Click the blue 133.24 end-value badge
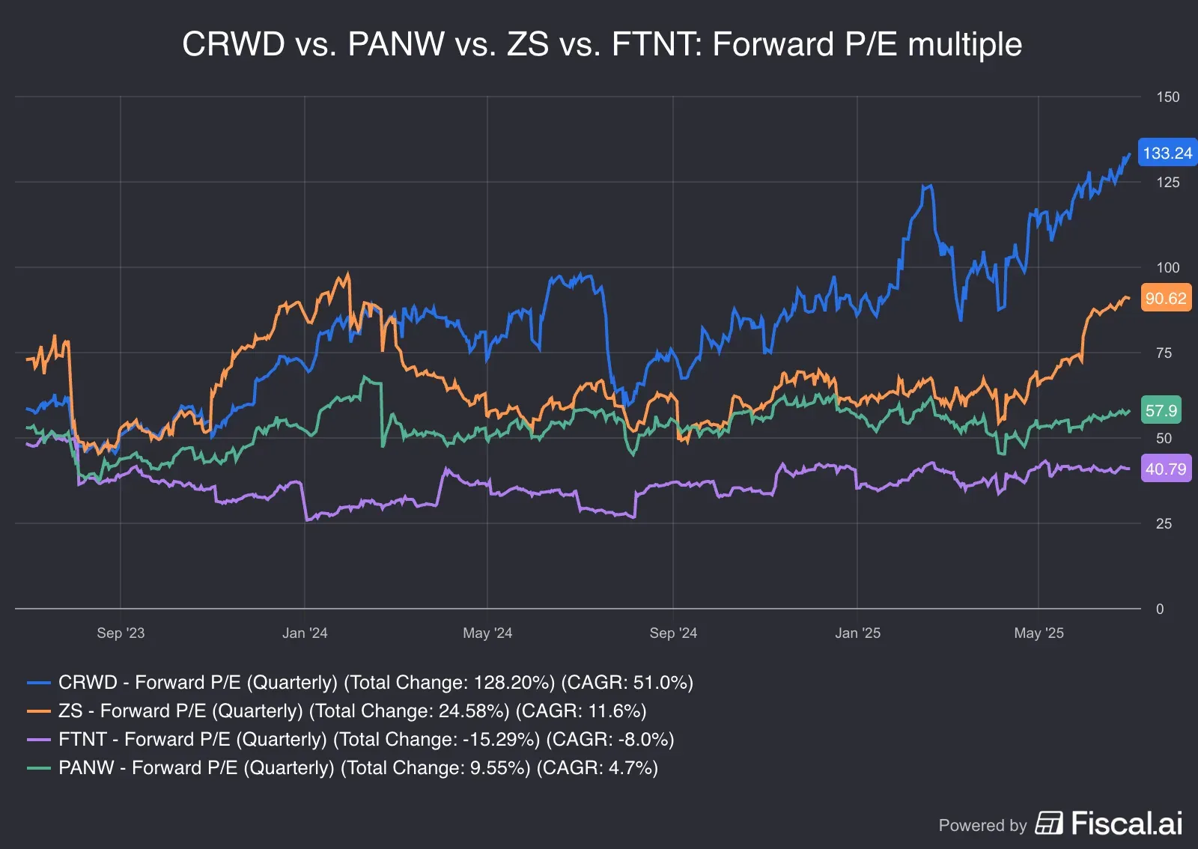(x=1167, y=153)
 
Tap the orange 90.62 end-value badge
(x=1165, y=299)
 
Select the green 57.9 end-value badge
(x=1161, y=410)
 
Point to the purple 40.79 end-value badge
(x=1165, y=469)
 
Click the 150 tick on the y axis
(x=1167, y=97)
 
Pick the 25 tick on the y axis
(x=1164, y=524)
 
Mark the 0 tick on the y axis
(x=1160, y=609)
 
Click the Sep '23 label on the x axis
(x=121, y=633)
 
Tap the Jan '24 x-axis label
(x=305, y=633)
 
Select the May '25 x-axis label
(x=1039, y=633)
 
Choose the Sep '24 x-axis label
(x=673, y=633)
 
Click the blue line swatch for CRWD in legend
(x=38, y=683)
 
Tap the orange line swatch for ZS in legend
(x=38, y=711)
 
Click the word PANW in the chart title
(x=396, y=45)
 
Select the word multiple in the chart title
(x=964, y=45)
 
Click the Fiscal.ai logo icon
(x=1048, y=824)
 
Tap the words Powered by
(x=982, y=826)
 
